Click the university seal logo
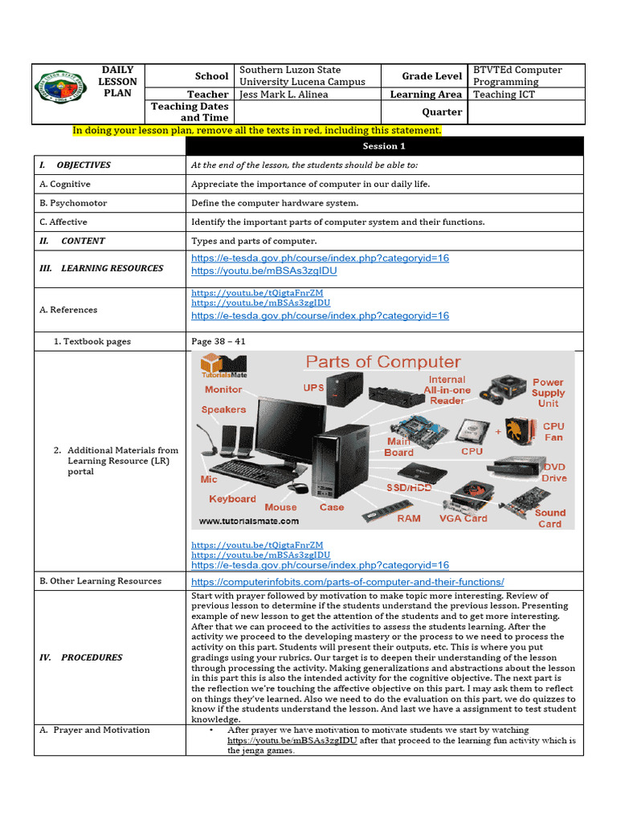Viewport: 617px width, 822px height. (60, 93)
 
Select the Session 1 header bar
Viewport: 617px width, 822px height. (384, 146)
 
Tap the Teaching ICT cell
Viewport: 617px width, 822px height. (504, 95)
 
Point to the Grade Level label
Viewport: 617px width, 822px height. (431, 76)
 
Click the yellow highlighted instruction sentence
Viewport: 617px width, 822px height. (257, 130)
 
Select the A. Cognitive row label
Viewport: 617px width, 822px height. (65, 184)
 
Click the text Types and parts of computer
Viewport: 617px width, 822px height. (254, 241)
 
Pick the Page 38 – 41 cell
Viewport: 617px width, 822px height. (219, 341)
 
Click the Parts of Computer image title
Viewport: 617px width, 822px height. (384, 362)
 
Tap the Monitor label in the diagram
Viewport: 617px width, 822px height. (223, 389)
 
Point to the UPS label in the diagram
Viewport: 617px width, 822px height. (313, 388)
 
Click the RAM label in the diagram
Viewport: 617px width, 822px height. (408, 519)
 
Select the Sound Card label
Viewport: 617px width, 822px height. (550, 518)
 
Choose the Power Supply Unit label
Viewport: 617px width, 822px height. (548, 393)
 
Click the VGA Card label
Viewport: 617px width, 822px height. (463, 519)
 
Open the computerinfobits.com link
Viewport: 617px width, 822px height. (347, 581)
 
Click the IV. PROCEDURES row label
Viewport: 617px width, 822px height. (81, 657)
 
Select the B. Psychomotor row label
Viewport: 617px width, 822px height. (73, 203)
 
